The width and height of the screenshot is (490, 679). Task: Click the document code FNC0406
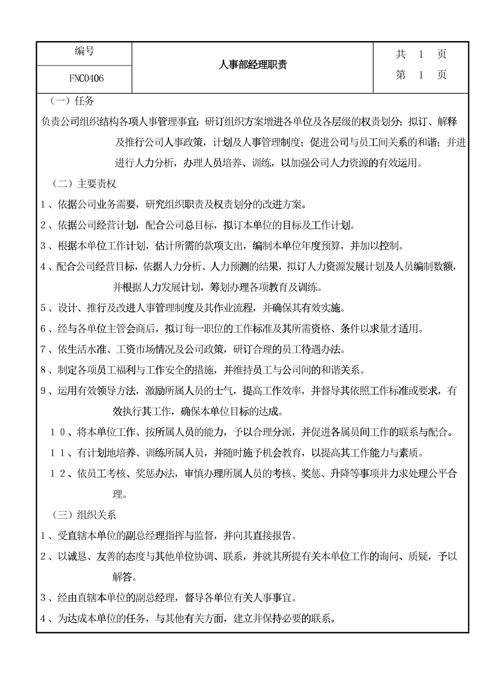(86, 79)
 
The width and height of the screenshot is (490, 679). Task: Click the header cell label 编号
(84, 52)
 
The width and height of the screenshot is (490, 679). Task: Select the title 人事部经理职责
(253, 65)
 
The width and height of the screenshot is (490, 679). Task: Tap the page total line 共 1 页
(421, 54)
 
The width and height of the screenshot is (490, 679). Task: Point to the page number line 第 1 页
(421, 75)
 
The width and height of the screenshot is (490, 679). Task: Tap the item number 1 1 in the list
(57, 453)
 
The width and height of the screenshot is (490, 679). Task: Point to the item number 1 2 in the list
(57, 473)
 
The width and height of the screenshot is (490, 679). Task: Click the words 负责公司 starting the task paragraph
(58, 122)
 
